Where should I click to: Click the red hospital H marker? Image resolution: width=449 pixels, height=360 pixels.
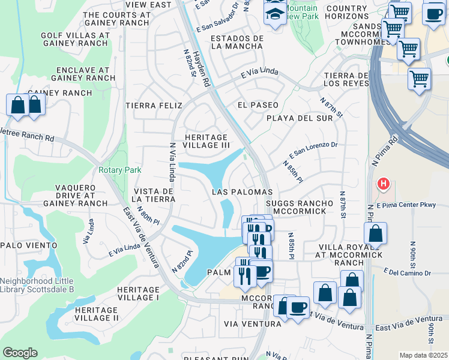point(381,183)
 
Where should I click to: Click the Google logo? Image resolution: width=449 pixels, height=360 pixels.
point(20,353)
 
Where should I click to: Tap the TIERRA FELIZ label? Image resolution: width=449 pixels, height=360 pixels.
point(154,106)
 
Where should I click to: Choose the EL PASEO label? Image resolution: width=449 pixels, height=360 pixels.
point(258,105)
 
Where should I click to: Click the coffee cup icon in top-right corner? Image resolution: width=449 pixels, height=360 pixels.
point(433,13)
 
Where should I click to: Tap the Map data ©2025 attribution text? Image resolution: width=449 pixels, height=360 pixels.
point(423,355)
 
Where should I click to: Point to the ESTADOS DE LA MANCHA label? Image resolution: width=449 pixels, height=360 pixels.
point(237,42)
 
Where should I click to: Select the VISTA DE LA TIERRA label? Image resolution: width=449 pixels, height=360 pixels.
point(152,195)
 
